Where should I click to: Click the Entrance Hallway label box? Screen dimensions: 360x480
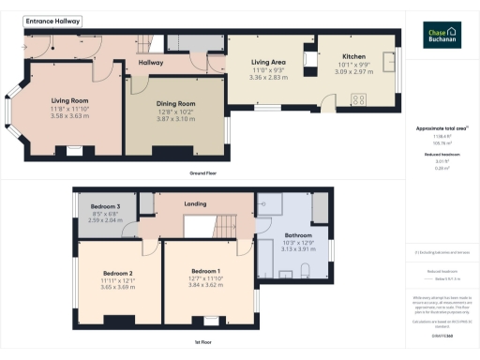pyautogui.click(x=52, y=21)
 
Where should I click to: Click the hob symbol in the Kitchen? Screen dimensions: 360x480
pyautogui.click(x=357, y=98)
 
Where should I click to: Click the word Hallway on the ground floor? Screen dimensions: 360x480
pyautogui.click(x=151, y=63)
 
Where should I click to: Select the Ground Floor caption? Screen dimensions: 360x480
pyautogui.click(x=203, y=174)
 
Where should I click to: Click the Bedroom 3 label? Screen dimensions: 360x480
pyautogui.click(x=105, y=206)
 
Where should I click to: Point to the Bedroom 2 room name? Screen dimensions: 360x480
pyautogui.click(x=118, y=274)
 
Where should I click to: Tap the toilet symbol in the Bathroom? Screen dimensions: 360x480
pyautogui.click(x=307, y=273)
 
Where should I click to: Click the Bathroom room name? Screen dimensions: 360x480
pyautogui.click(x=298, y=234)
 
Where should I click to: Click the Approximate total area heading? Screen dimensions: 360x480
pyautogui.click(x=441, y=127)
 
